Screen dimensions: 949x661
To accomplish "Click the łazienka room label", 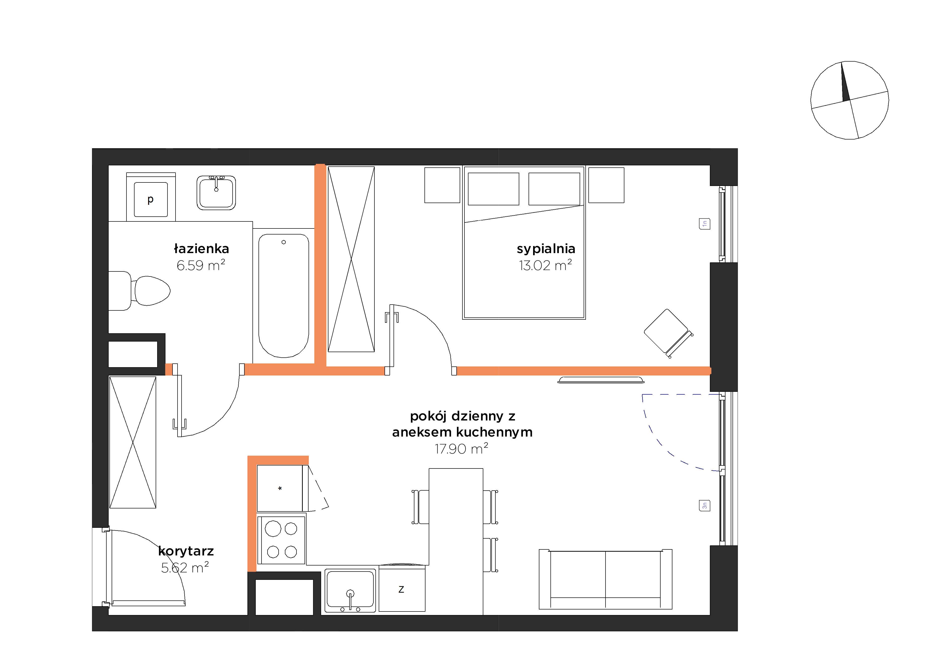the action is (201, 249).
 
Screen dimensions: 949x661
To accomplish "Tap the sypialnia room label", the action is (546, 249).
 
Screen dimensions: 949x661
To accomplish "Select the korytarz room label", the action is (186, 551).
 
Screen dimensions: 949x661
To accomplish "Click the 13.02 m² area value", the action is (546, 265).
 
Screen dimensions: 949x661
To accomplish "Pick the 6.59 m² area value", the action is (201, 265).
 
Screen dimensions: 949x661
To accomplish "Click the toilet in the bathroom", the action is (139, 291).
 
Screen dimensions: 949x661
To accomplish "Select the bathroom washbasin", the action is (216, 193).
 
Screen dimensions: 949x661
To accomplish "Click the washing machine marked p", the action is (151, 197).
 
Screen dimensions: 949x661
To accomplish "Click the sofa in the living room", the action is (606, 579).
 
